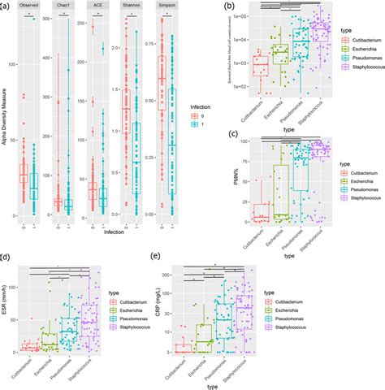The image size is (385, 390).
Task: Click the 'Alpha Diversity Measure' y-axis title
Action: pos(6,114)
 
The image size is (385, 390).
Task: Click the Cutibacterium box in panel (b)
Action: pos(261,71)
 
